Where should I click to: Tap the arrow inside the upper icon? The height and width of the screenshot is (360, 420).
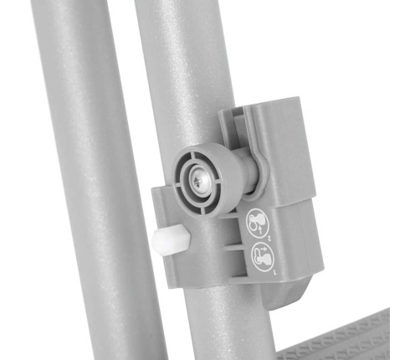(x=258, y=220)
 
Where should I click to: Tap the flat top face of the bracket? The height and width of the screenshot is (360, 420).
(x=268, y=109)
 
